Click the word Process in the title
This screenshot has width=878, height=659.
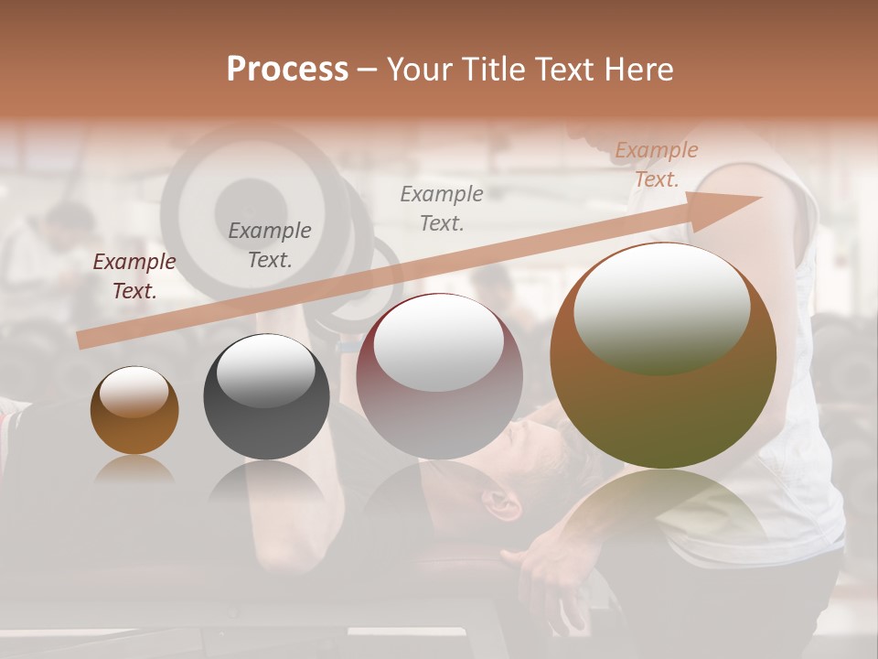[x=287, y=70]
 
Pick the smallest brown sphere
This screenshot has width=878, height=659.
[x=134, y=411]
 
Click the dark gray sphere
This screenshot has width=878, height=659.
[x=266, y=397]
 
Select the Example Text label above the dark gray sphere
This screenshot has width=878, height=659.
[x=270, y=245]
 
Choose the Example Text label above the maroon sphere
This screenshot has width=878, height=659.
[x=442, y=209]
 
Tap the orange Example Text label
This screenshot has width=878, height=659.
[x=657, y=165]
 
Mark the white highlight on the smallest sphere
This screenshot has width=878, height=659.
[x=134, y=393]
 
